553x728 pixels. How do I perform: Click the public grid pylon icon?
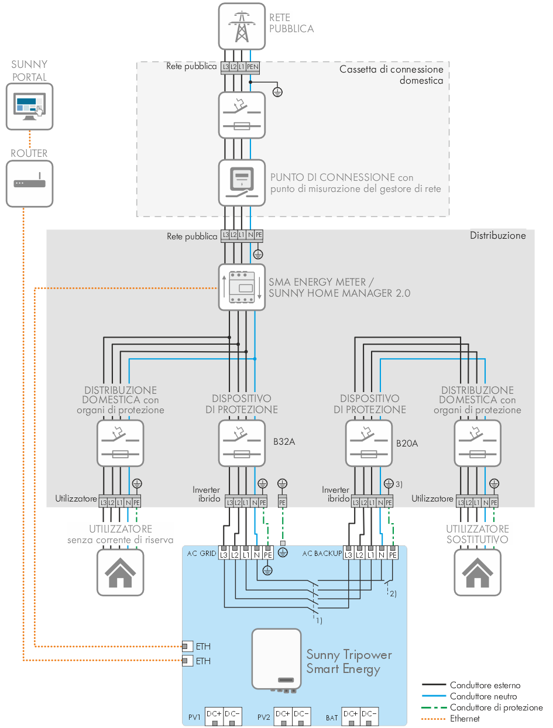[x=242, y=26]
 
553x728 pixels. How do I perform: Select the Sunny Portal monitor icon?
[x=29, y=106]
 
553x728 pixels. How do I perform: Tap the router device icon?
[x=29, y=183]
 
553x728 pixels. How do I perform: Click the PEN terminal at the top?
[x=252, y=67]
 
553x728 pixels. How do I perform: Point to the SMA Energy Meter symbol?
[x=241, y=287]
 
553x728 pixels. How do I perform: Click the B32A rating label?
[x=284, y=442]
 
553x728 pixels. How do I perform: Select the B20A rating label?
[x=407, y=443]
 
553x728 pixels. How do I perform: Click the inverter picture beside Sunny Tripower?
[x=276, y=658]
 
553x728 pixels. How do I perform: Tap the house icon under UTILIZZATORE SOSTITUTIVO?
[x=478, y=571]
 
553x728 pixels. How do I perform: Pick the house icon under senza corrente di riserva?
[x=121, y=571]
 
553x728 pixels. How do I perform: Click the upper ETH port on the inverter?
[x=186, y=647]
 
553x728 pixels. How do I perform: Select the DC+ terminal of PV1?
[x=214, y=715]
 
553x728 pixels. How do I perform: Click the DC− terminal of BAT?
[x=369, y=715]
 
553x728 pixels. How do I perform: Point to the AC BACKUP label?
[x=322, y=554]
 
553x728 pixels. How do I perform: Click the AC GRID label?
[x=201, y=554]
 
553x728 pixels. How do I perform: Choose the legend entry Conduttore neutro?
[x=483, y=696]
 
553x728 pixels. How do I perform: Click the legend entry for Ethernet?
[x=465, y=718]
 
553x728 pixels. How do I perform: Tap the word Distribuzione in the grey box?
[x=498, y=236]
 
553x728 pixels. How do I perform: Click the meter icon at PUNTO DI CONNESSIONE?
[x=241, y=182]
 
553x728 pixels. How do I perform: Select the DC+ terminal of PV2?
[x=283, y=715]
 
